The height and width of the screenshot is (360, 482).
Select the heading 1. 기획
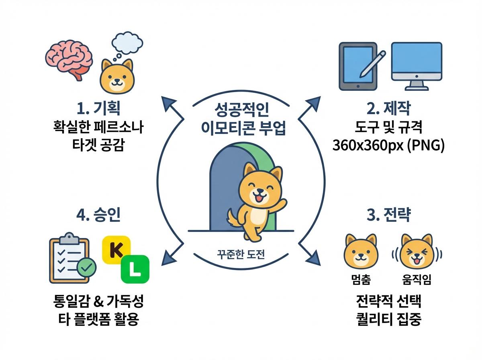click(98, 108)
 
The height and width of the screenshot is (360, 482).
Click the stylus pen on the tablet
click(372, 64)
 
